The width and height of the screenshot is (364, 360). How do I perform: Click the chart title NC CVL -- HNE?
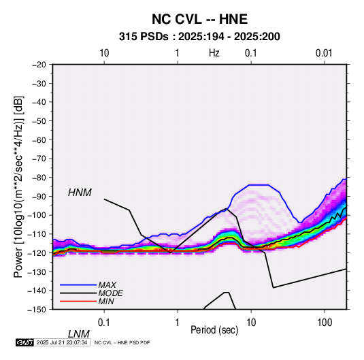tap(199, 19)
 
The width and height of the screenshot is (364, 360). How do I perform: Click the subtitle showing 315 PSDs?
tap(199, 37)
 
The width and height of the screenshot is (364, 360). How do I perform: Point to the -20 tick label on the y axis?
tap(39, 65)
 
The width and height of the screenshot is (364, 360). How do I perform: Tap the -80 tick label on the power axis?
tap(39, 178)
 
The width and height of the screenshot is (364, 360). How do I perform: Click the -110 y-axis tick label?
tap(37, 234)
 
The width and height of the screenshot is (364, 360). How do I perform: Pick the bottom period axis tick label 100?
tap(325, 323)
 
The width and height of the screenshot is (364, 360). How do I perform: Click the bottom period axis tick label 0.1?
tap(104, 323)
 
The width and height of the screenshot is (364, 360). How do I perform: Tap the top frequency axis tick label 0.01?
tap(324, 53)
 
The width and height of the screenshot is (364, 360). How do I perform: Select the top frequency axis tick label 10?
tap(104, 53)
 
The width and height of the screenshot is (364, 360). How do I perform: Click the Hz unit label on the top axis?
tap(214, 53)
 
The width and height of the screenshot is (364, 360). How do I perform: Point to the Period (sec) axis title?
tap(214, 330)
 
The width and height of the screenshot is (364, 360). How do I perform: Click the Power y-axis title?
tap(18, 186)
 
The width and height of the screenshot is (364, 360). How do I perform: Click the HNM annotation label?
tap(80, 193)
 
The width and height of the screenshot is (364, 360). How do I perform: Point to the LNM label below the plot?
tap(79, 334)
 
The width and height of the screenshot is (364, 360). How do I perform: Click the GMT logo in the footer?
tap(25, 342)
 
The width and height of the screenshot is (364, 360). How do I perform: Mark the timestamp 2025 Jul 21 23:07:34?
tap(62, 342)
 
